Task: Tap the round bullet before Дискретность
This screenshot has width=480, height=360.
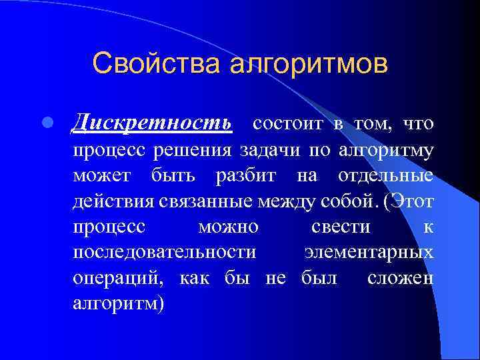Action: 47,124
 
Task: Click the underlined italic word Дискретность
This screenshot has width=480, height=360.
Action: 153,123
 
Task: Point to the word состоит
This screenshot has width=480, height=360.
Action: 288,123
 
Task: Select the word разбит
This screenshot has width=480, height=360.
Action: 243,176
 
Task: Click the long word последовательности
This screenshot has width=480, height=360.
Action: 164,253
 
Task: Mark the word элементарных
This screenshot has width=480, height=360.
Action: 369,253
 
